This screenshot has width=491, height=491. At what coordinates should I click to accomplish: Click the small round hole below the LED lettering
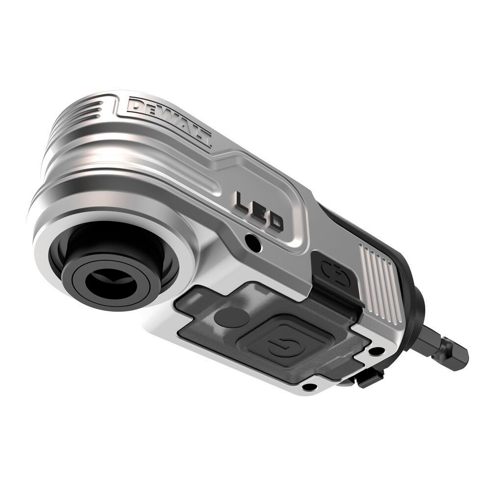point(252,241)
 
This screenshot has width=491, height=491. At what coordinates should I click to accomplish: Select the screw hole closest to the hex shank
point(376,352)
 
